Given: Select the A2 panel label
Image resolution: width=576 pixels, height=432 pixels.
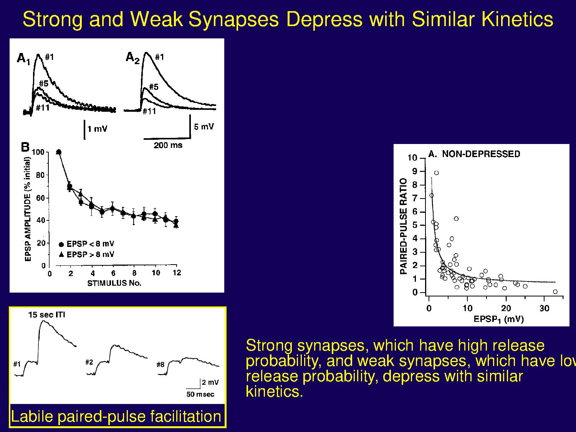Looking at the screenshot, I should point(132,58).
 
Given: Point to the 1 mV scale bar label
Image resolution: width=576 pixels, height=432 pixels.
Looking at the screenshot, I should point(97,129).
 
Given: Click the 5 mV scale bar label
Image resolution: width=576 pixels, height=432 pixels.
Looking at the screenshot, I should point(204,127).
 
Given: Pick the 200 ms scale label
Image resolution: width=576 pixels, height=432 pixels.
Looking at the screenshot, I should point(168,145).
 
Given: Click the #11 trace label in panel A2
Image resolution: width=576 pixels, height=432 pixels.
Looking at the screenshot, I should point(149,111).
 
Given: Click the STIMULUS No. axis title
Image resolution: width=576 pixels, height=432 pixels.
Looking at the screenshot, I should point(114,283).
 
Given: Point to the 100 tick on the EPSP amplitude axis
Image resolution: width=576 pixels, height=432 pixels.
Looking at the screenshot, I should point(38,152).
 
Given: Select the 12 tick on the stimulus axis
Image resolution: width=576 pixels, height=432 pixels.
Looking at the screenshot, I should point(177,273).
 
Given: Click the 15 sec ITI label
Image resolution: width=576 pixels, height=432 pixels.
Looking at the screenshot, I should point(46,315).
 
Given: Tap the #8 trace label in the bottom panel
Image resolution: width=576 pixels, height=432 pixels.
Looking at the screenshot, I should point(161,364).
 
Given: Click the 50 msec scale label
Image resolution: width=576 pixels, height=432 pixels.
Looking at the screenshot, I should point(200,394).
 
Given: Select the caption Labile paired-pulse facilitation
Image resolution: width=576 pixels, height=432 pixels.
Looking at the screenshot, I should point(116,417).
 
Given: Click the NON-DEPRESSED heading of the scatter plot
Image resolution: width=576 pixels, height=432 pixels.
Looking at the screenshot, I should point(481,154).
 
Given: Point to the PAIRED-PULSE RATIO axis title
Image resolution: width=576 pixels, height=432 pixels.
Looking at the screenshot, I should point(403,226).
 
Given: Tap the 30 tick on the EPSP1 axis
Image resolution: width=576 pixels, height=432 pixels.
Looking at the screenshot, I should point(544,309).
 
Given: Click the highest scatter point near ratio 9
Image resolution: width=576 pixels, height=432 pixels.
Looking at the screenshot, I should point(436,173).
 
